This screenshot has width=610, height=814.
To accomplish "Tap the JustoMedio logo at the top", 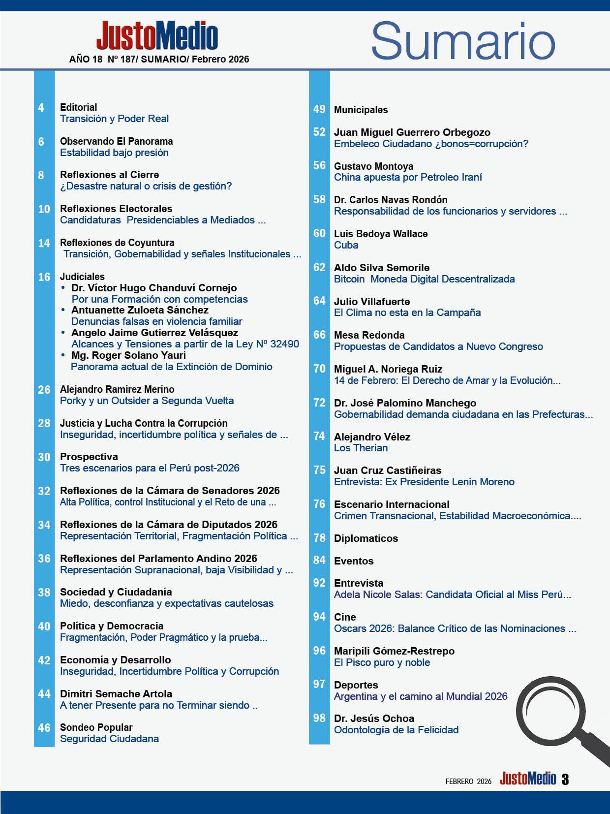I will (x=157, y=35).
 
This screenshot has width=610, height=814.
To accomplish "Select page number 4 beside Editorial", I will (x=41, y=108).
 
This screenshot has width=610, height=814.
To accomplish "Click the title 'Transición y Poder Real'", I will (x=114, y=119).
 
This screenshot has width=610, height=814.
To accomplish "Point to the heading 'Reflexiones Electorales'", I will (x=116, y=209).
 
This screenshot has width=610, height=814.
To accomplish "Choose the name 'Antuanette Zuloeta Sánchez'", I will (x=140, y=310).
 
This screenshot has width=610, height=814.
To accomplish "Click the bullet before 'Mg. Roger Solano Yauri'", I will (x=63, y=355).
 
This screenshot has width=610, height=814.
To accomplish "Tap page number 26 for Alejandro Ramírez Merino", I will (x=44, y=390).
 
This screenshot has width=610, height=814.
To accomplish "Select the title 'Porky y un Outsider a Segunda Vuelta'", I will (x=147, y=401).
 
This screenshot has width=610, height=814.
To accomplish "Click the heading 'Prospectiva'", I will (x=89, y=457).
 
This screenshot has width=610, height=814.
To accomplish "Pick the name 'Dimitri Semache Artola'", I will (x=116, y=694).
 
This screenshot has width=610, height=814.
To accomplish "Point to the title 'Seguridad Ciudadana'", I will (x=109, y=739).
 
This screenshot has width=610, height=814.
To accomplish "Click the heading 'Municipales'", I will (x=361, y=110).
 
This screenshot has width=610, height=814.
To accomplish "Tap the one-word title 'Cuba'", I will (x=346, y=245).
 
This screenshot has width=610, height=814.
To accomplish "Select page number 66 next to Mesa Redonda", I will (x=319, y=335).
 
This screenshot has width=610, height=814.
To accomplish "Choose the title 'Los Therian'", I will (x=361, y=448).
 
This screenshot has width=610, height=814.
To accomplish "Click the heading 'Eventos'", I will (x=354, y=561).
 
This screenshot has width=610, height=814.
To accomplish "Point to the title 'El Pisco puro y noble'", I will (x=382, y=662).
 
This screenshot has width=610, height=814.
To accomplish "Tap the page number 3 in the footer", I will (x=565, y=780).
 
